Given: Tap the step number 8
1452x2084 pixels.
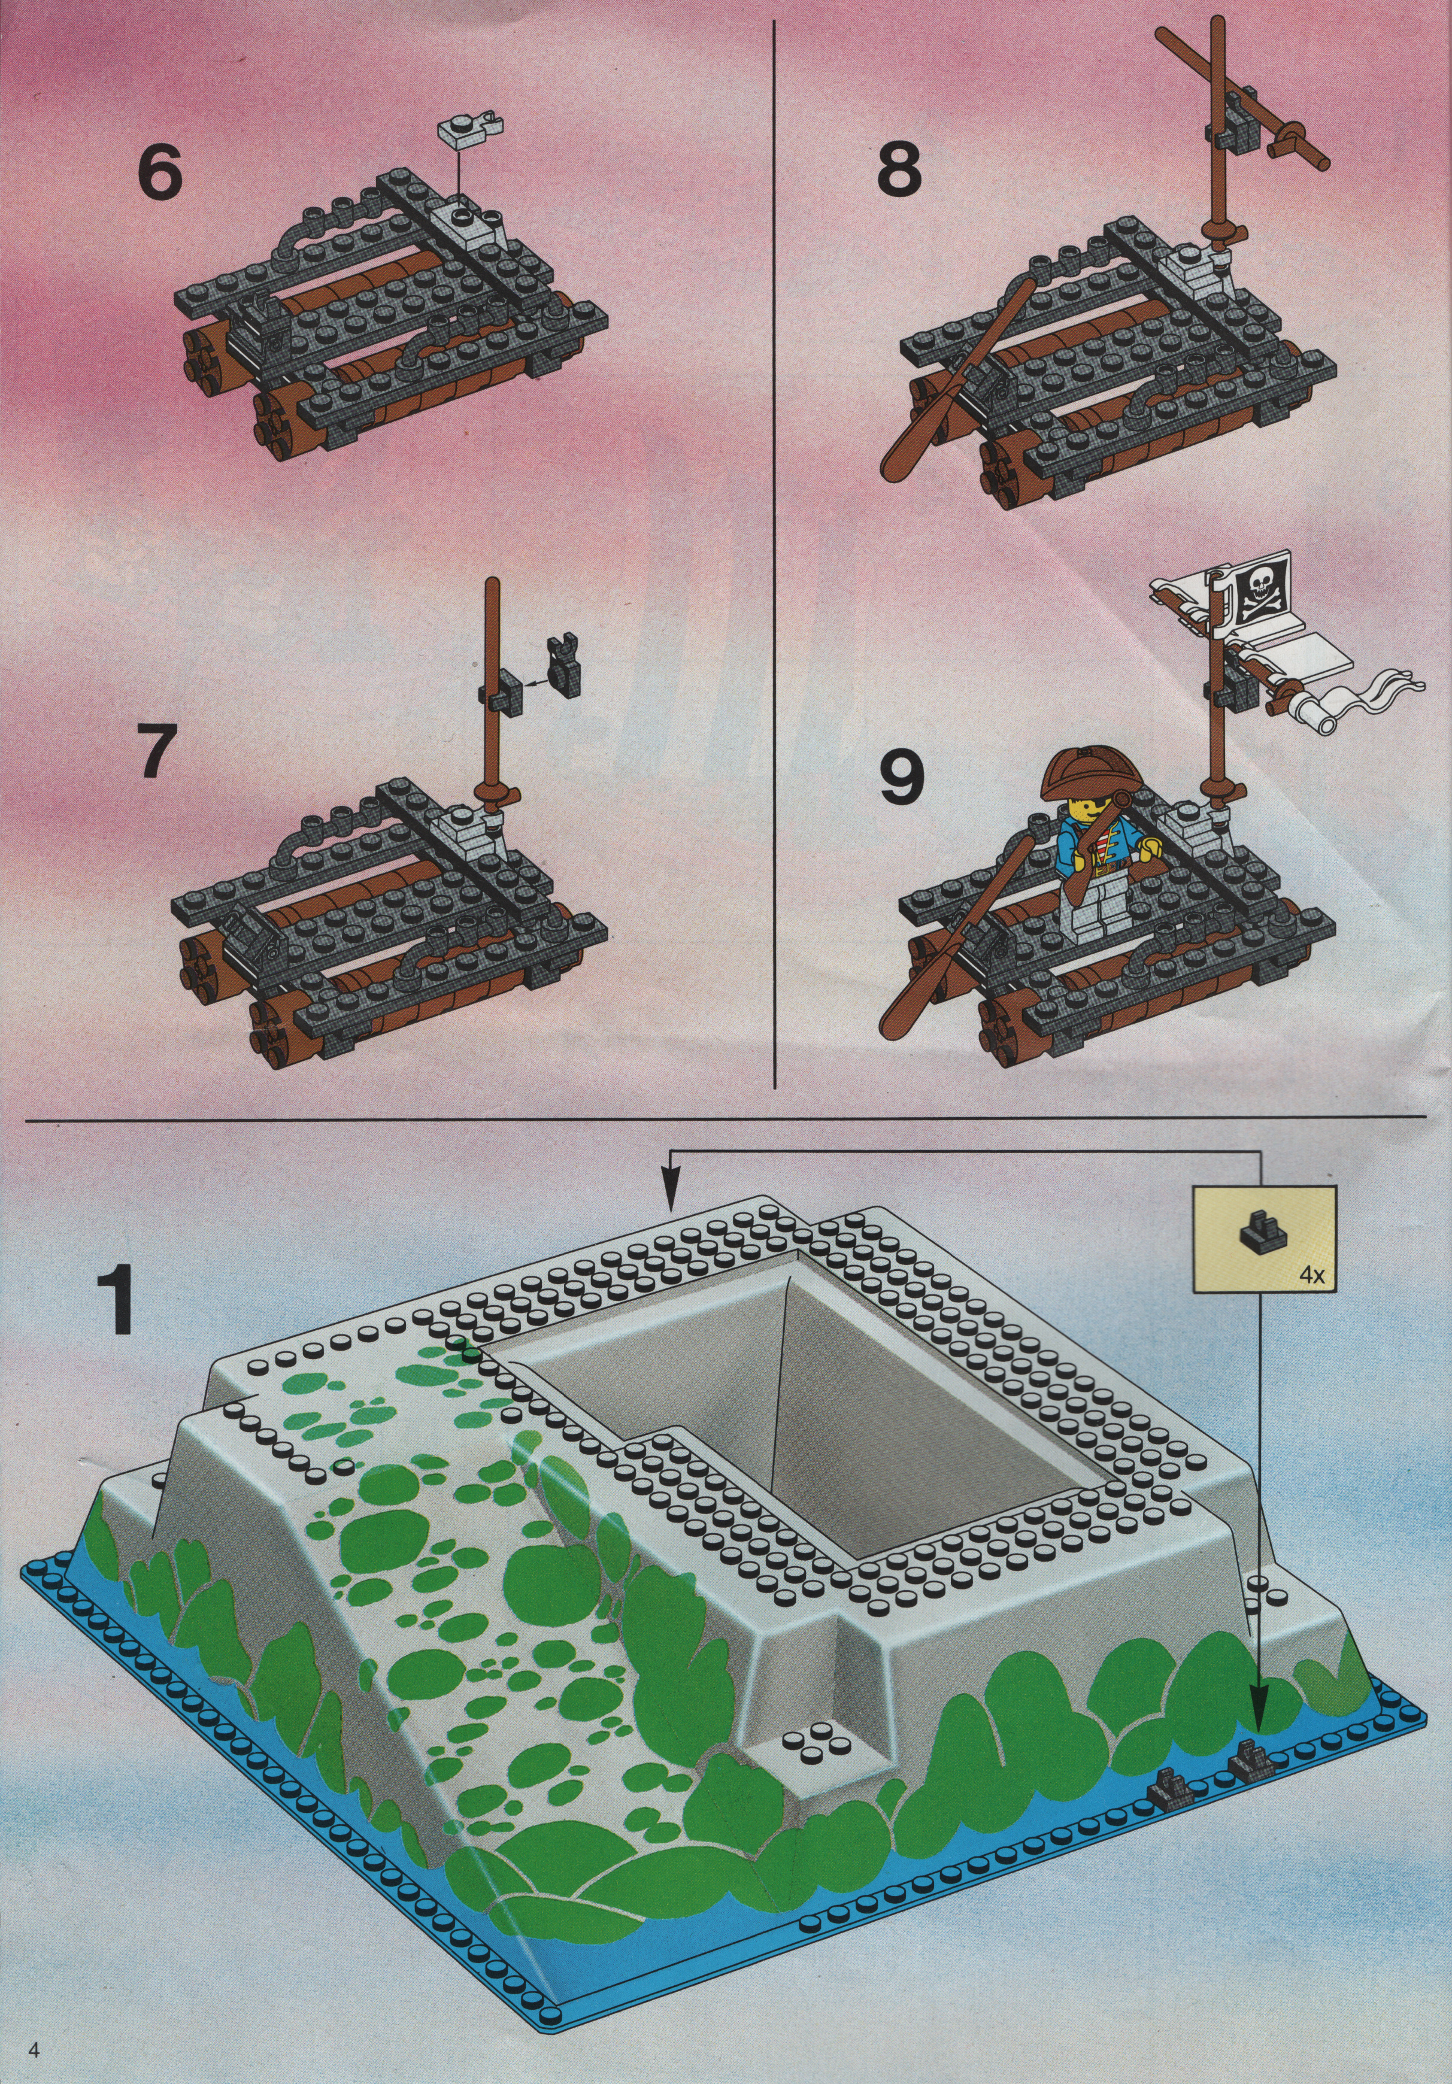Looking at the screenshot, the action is tap(900, 165).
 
